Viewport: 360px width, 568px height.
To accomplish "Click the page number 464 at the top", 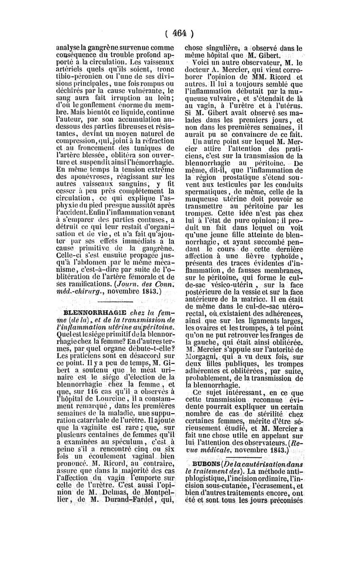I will (180, 32).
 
